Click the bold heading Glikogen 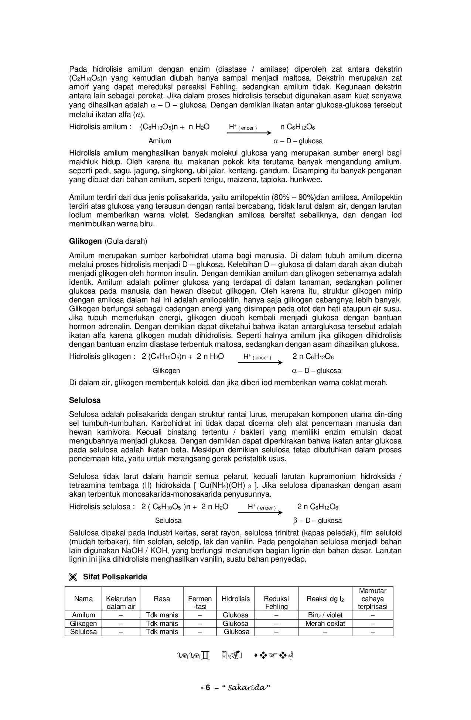pyautogui.click(x=85, y=241)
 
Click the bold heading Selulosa pyautogui.click(x=85, y=400)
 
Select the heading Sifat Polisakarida pyautogui.click(x=115, y=577)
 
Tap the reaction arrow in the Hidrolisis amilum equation pyautogui.click(x=249, y=133)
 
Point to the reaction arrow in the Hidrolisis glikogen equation pyautogui.click(x=260, y=363)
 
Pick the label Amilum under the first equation pyautogui.click(x=160, y=141)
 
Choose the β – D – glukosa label pyautogui.click(x=317, y=521)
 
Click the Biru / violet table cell pyautogui.click(x=325, y=615)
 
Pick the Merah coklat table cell pyautogui.click(x=325, y=623)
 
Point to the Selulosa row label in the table pyautogui.click(x=83, y=631)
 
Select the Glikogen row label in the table pyautogui.click(x=83, y=623)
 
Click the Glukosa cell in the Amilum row pyautogui.click(x=236, y=615)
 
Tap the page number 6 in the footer pyautogui.click(x=207, y=688)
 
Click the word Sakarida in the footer pyautogui.click(x=246, y=688)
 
